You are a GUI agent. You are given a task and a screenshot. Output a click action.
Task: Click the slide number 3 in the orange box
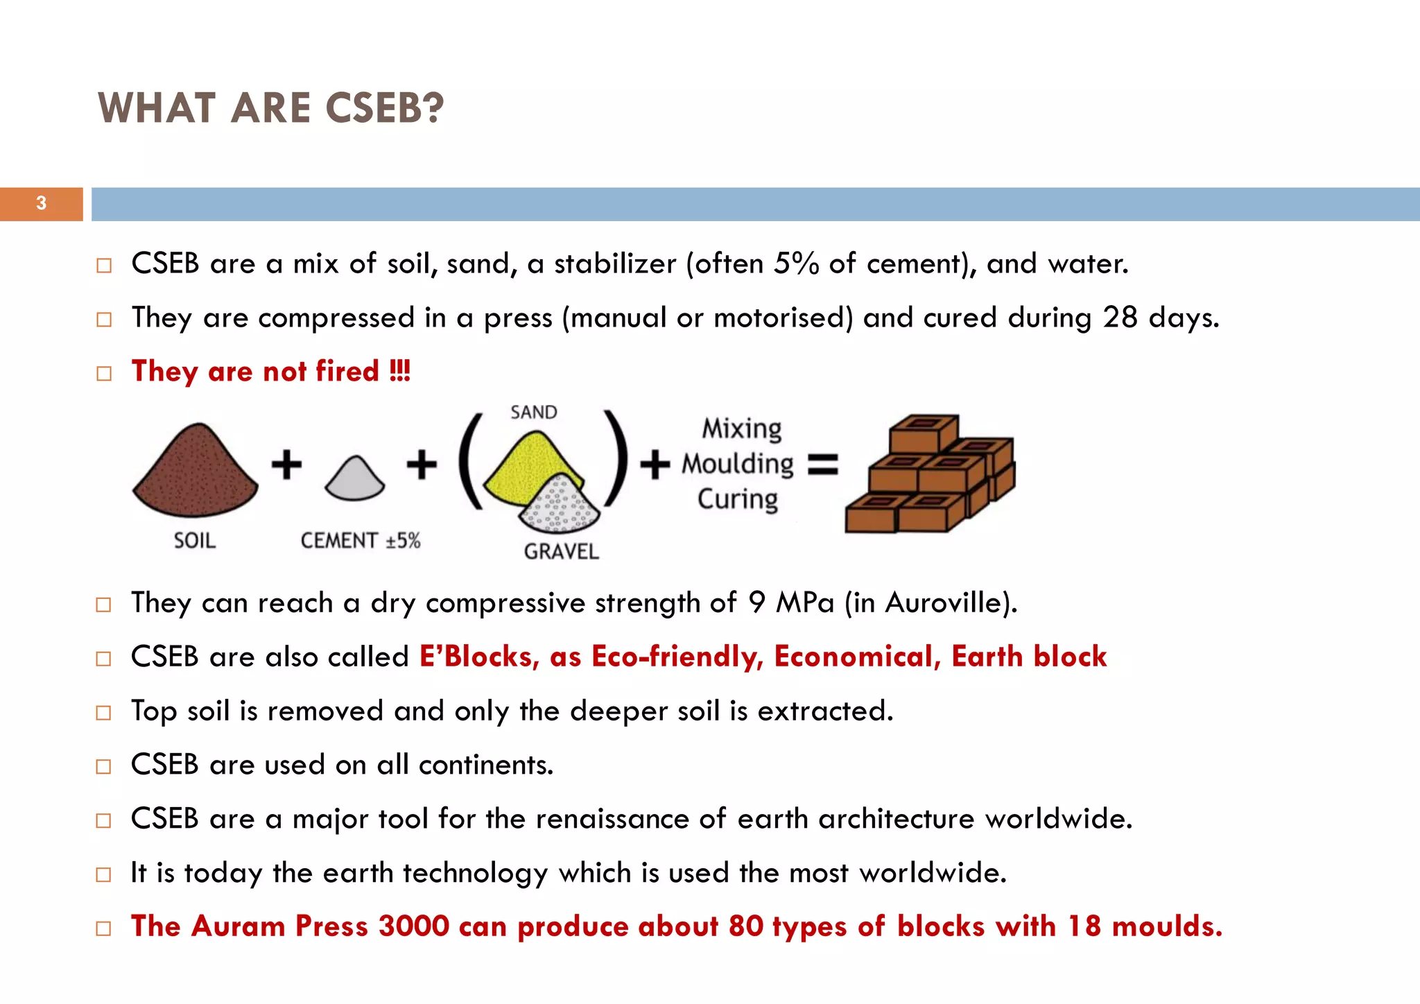(42, 203)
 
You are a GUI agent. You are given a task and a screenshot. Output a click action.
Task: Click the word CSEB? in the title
(383, 109)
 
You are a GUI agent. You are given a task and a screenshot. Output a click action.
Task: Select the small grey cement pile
(354, 480)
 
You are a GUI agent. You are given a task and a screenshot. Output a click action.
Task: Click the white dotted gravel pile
(560, 505)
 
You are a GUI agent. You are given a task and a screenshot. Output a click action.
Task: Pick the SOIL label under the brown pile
(195, 540)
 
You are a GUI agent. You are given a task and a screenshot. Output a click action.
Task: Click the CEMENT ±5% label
(361, 540)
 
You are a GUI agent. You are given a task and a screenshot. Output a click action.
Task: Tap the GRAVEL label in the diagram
(561, 551)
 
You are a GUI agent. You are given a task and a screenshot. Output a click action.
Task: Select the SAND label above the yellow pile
(533, 413)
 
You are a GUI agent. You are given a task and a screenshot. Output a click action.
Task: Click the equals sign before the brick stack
(823, 464)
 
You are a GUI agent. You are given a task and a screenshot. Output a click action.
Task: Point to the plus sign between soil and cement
(286, 465)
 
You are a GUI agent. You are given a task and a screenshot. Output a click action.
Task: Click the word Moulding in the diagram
(738, 464)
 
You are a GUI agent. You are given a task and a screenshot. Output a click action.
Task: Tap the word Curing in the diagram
(738, 499)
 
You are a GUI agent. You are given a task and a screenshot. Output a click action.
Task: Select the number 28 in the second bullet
(1120, 318)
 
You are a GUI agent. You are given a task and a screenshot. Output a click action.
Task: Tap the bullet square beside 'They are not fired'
(104, 374)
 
